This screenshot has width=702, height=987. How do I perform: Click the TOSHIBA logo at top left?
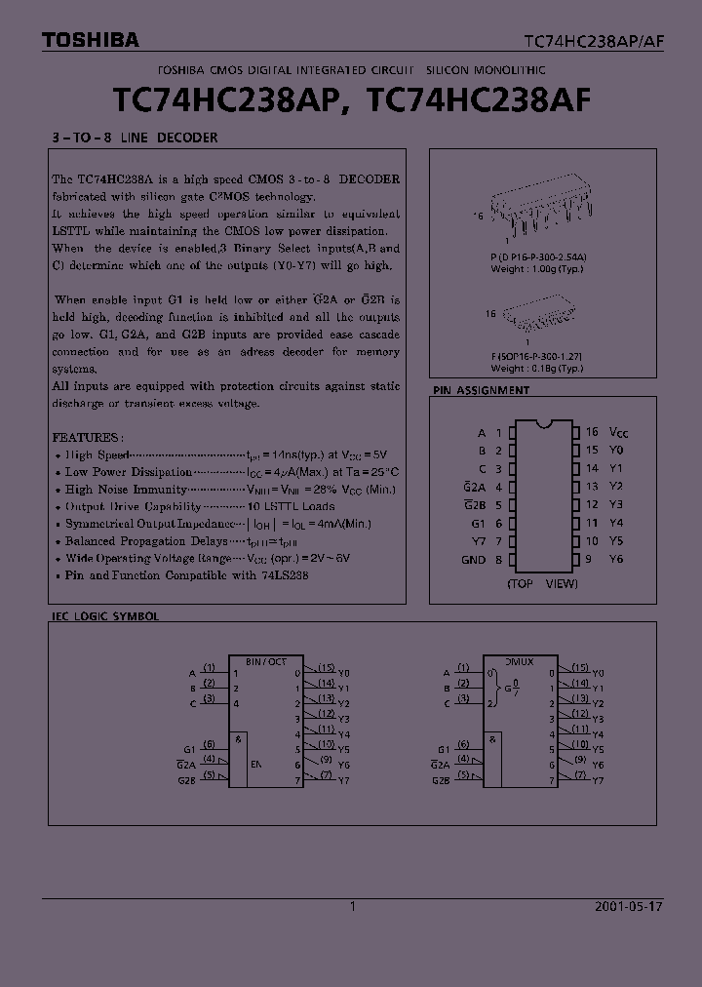90,40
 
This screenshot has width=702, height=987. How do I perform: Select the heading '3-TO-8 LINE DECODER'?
134,138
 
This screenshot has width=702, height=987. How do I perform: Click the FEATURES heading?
87,438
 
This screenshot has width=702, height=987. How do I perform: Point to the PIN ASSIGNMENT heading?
481,390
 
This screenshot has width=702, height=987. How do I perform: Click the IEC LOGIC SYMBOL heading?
104,616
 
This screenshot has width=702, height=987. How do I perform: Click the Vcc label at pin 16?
618,432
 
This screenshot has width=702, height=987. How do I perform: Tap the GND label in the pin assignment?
473,560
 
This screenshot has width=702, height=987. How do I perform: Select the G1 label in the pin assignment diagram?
478,524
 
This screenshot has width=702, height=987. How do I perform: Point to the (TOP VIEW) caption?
542,583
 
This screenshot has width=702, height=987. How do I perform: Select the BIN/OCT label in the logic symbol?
266,660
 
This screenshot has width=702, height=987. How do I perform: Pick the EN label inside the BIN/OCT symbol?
256,765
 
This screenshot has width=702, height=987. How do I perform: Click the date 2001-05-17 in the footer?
628,906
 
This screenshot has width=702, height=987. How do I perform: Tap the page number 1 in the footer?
352,906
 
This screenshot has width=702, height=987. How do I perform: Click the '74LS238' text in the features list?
286,575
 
